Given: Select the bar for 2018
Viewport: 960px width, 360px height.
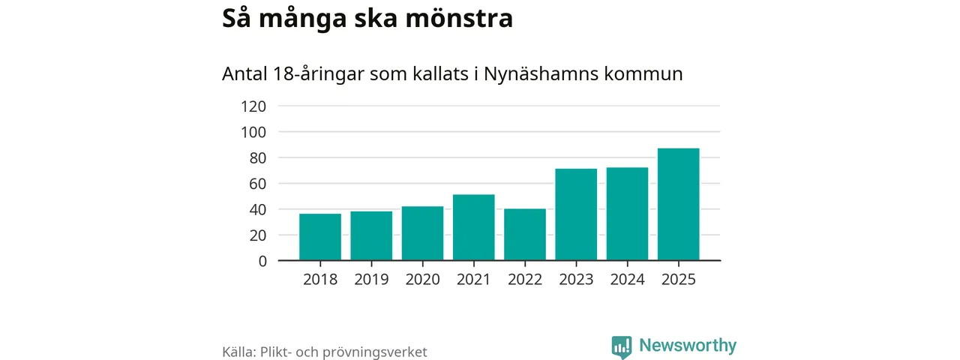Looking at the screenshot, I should (320, 237).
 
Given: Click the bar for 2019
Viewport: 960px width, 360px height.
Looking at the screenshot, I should (371, 236).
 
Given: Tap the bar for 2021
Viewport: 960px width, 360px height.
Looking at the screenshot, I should (474, 227).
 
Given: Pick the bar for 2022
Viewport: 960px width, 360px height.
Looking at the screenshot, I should (525, 235).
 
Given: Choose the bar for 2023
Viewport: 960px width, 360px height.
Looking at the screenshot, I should (576, 214).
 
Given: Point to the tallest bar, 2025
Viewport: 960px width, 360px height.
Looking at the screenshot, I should (679, 204).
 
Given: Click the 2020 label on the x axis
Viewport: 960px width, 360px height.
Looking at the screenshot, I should (423, 279).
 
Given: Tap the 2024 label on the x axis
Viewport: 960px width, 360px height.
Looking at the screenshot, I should (628, 279).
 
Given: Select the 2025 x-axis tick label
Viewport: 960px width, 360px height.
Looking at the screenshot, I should (679, 279).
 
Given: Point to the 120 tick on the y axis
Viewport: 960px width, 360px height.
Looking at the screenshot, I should (253, 106).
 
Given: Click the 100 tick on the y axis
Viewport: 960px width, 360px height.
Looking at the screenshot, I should (253, 132).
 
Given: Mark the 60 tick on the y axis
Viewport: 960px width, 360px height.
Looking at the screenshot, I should (257, 184).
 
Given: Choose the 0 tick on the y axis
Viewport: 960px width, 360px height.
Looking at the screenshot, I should (262, 261).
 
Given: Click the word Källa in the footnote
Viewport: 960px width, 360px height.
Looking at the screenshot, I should (239, 352).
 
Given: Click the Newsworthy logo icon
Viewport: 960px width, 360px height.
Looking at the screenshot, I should (621, 346).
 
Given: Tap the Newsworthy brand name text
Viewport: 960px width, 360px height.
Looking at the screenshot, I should (688, 346).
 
